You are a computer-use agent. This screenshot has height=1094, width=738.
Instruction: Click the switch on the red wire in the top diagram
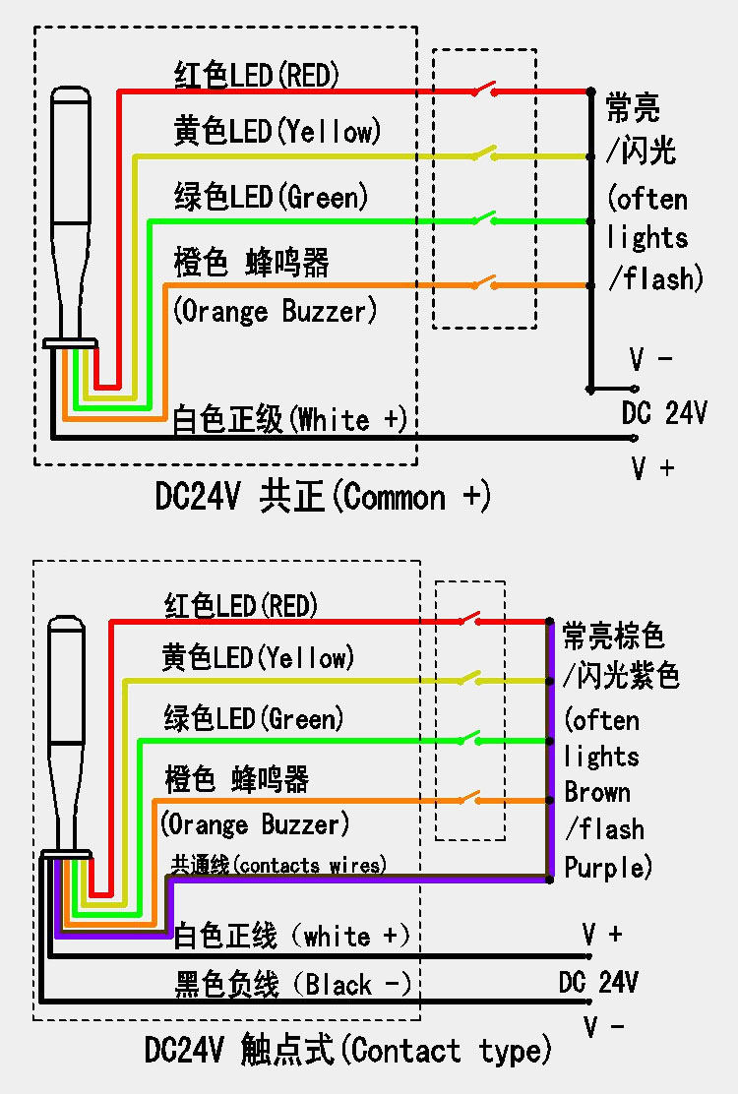click(483, 91)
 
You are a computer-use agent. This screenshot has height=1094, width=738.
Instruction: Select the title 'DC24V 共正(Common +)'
click(323, 497)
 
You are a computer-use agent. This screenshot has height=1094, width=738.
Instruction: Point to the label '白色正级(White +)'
click(289, 420)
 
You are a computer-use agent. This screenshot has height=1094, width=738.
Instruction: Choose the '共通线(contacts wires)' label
click(278, 865)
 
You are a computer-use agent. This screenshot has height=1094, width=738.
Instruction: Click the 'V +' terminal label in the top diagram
click(652, 468)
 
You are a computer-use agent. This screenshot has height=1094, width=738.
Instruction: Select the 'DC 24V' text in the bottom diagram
click(598, 982)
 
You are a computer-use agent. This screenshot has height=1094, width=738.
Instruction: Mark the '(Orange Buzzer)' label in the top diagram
click(276, 313)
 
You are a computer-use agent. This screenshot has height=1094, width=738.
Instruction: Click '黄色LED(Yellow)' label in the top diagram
click(277, 132)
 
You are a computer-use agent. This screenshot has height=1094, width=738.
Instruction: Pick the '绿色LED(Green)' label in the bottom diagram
click(254, 718)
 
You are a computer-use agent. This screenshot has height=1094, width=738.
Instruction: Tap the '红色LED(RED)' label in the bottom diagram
click(241, 605)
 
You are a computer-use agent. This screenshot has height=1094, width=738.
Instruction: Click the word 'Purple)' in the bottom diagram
click(608, 868)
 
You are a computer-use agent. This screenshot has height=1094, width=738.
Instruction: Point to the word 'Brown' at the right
click(597, 793)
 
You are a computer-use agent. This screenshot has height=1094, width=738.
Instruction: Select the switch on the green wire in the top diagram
click(483, 218)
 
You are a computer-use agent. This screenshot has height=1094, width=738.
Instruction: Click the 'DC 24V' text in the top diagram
click(664, 414)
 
